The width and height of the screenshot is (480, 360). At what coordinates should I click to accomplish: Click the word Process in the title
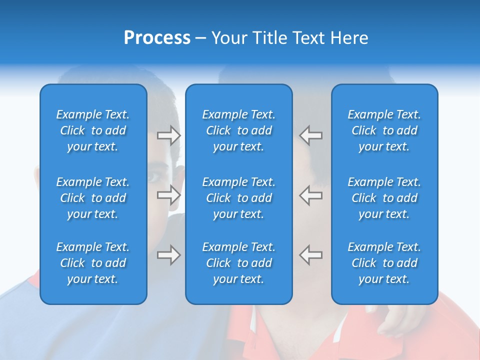click(x=157, y=38)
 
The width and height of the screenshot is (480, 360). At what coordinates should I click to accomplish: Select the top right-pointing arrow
click(x=168, y=135)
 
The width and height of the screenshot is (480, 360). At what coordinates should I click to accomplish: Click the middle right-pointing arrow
click(x=168, y=195)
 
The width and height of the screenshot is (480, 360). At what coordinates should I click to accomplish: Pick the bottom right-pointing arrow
click(x=168, y=255)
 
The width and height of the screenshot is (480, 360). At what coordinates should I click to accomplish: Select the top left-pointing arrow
click(x=310, y=135)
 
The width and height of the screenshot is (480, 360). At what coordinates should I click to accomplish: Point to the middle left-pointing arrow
click(x=310, y=195)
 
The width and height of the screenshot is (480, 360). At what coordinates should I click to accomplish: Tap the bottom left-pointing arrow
click(x=310, y=255)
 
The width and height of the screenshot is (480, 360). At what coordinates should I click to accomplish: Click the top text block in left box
click(x=93, y=130)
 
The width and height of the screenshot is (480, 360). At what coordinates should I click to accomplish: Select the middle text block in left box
click(x=93, y=198)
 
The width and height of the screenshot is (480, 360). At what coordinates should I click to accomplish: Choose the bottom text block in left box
click(x=93, y=263)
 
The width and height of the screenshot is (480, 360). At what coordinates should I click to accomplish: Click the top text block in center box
click(x=238, y=130)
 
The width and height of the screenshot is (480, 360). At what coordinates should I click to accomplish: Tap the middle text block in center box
click(x=238, y=198)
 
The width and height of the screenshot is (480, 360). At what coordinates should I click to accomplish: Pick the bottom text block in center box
click(x=238, y=263)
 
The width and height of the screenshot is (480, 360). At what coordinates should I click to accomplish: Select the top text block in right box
click(x=384, y=130)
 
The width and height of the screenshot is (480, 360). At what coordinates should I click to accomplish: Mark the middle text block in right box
click(x=384, y=198)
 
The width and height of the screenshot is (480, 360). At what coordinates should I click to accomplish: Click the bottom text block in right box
click(x=384, y=263)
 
